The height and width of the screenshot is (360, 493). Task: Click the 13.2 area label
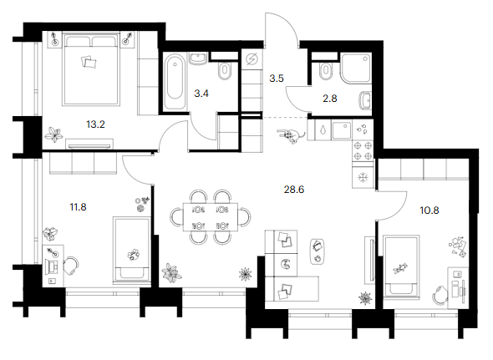(x=95, y=124)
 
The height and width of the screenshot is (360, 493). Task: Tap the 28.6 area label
(x=294, y=190)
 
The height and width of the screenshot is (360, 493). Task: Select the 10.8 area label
(x=429, y=210)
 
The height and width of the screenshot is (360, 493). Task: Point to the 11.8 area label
(x=78, y=207)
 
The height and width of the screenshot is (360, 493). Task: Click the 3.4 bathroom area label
(x=201, y=94)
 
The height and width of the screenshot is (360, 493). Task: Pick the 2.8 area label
(x=330, y=99)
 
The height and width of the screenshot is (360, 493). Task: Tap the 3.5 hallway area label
(x=277, y=79)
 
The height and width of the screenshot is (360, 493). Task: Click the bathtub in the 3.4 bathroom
(x=175, y=82)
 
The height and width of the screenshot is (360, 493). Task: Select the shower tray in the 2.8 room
(x=356, y=68)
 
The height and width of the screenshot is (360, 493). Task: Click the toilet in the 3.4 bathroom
(x=225, y=70)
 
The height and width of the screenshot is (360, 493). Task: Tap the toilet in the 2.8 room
(x=326, y=71)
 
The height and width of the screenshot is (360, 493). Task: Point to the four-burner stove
(x=363, y=150)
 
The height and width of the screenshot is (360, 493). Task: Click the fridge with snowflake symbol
(x=363, y=178)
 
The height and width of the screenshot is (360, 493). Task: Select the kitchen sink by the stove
(x=342, y=130)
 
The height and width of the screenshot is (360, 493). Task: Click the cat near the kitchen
(x=291, y=135)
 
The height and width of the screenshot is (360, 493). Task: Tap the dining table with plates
(x=211, y=217)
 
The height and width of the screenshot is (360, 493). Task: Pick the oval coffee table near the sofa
(x=318, y=251)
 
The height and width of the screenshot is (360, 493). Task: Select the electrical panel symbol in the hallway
(x=252, y=59)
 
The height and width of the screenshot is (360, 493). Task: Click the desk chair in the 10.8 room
(x=440, y=295)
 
